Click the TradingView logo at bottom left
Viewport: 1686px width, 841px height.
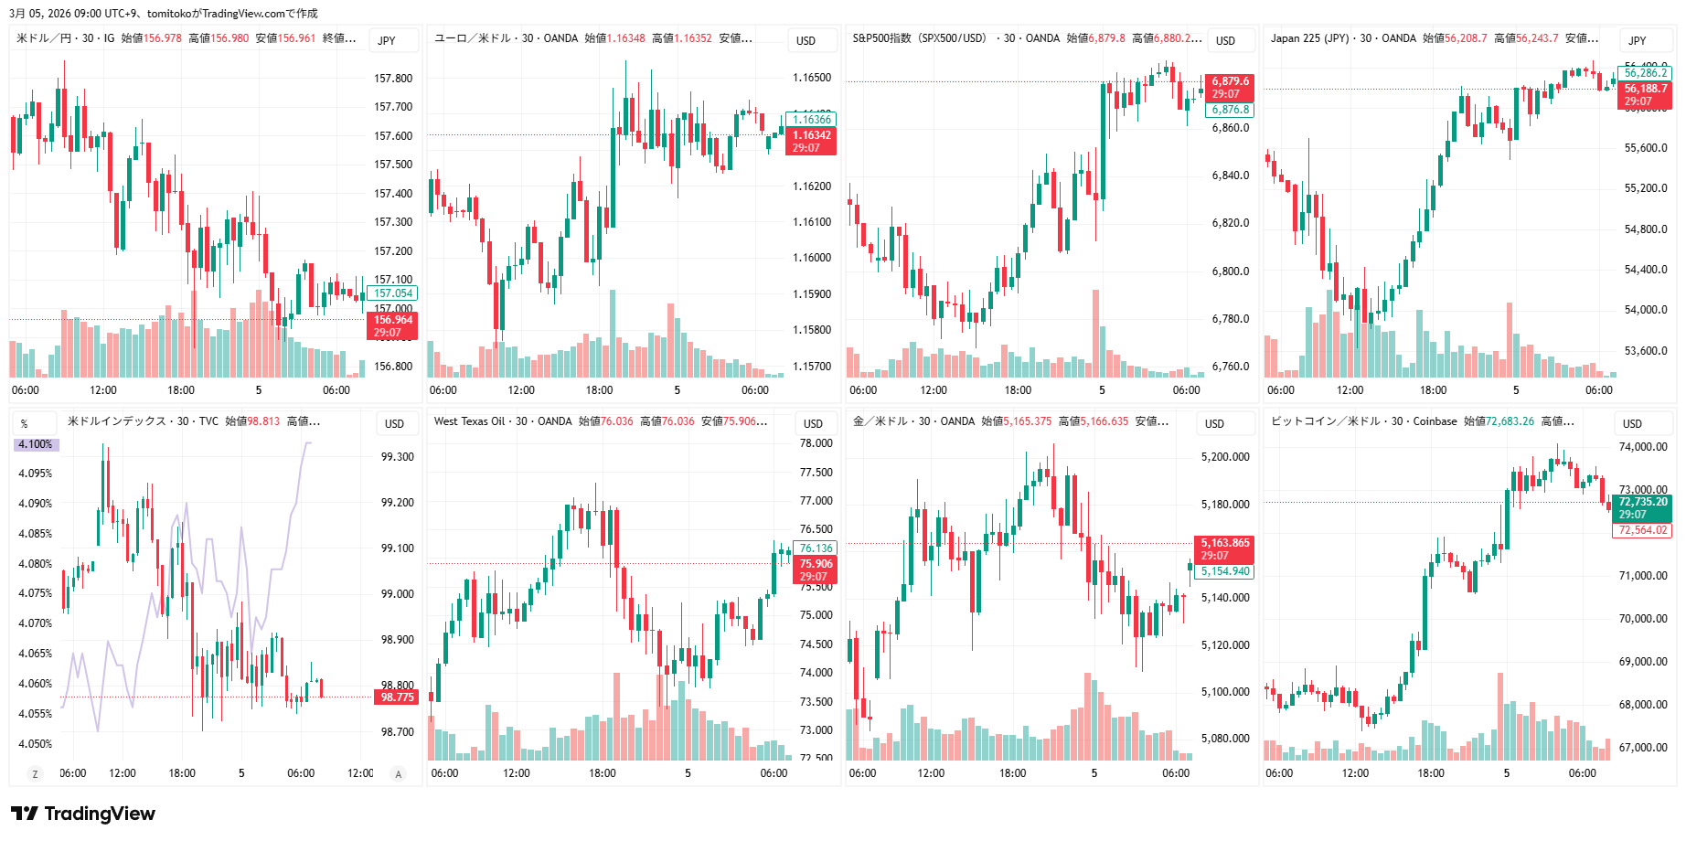(83, 814)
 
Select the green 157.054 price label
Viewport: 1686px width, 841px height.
(393, 293)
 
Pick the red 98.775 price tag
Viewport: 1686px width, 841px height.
(397, 697)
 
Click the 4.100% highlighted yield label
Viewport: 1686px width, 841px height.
(36, 444)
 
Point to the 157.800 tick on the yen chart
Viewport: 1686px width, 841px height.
(393, 79)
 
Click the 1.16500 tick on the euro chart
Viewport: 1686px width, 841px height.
(812, 78)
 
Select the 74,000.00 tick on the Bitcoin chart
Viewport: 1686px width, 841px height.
(1643, 447)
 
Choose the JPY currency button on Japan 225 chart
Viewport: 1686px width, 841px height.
(1637, 40)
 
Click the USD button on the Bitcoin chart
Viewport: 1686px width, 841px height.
(1632, 423)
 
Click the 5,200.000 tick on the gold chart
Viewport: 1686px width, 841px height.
(1225, 457)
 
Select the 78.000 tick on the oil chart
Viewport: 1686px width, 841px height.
(816, 443)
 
